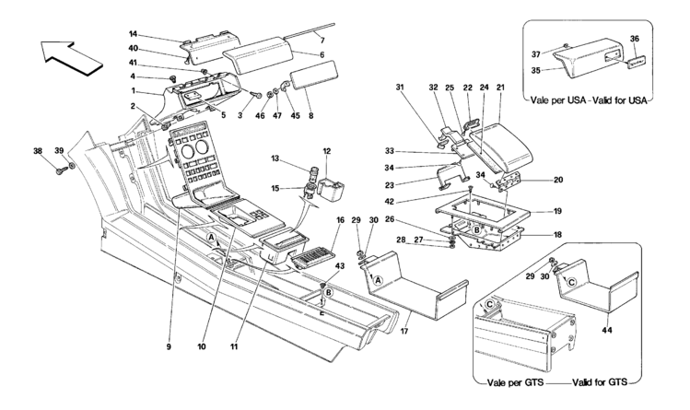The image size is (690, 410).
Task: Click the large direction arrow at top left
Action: coord(71,57)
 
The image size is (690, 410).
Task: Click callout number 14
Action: coord(134,33)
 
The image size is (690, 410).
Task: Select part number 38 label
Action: coord(39,151)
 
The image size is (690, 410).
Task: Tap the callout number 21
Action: coord(500,88)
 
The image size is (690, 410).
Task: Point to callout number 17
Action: coord(404,331)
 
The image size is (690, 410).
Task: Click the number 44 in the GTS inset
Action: coord(609,330)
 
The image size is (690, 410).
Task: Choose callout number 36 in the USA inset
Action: coord(634,39)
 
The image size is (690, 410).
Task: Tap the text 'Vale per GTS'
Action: coord(515,382)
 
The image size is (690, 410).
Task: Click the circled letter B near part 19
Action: coord(476,229)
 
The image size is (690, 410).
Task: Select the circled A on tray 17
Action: coord(378,280)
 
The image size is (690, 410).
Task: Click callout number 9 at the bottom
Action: coord(169,346)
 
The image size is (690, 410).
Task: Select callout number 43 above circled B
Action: coord(327,266)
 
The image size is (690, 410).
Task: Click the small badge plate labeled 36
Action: coord(637,61)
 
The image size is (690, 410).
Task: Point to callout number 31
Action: coord(400,88)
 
